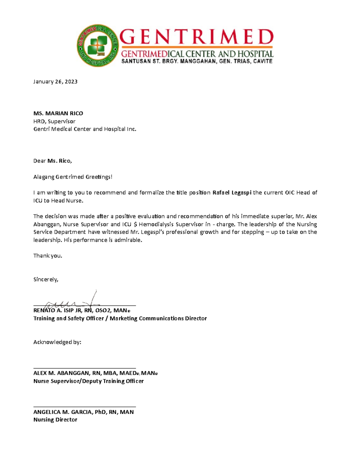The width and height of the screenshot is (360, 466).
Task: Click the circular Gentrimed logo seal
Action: click(97, 46)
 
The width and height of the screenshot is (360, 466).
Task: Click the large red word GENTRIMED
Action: click(196, 37)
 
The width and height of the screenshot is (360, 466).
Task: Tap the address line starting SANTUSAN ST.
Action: click(196, 61)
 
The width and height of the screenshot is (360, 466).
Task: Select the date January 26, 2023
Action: click(55, 82)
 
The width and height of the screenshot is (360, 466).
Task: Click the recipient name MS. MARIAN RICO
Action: click(58, 113)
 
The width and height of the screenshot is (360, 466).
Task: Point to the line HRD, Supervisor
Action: click(54, 121)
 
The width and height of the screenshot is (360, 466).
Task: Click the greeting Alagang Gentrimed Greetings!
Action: click(73, 177)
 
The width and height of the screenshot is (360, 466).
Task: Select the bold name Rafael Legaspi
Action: click(232, 193)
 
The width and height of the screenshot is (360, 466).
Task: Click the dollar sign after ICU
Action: click(135, 224)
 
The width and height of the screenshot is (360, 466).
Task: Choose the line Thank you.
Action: click(48, 256)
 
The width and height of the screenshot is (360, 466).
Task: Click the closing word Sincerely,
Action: click(46, 279)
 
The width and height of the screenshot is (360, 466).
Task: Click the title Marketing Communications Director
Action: click(158, 318)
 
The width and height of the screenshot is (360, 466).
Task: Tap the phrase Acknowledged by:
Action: click(57, 342)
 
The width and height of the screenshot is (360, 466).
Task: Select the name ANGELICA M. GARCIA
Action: click(63, 412)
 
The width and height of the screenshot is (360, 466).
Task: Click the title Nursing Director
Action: click(55, 420)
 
